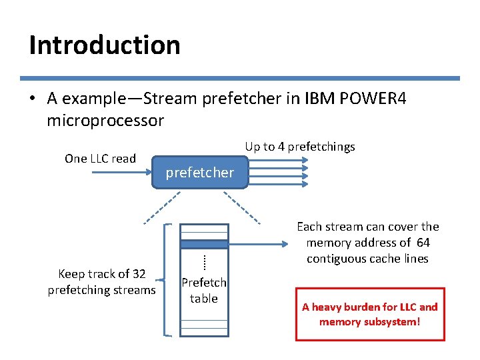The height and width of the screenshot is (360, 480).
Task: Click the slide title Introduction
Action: pyautogui.click(x=105, y=45)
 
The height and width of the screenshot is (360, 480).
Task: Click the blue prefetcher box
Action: pyautogui.click(x=199, y=173)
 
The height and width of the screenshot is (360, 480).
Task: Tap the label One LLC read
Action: pyautogui.click(x=100, y=159)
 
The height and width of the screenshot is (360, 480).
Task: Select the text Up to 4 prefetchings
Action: pyautogui.click(x=299, y=147)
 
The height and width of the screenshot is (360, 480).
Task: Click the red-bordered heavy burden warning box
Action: pyautogui.click(x=369, y=314)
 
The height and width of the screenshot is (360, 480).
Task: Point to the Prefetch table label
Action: pyautogui.click(x=203, y=291)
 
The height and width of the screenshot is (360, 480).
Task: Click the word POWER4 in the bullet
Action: pyautogui.click(x=373, y=99)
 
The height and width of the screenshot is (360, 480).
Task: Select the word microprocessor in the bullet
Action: pyautogui.click(x=105, y=121)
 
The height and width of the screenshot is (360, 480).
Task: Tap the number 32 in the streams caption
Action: pyautogui.click(x=139, y=274)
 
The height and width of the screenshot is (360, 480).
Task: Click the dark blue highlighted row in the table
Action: pyautogui.click(x=204, y=244)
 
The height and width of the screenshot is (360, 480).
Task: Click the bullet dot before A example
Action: pyautogui.click(x=32, y=99)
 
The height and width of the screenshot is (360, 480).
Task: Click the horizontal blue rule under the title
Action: pyautogui.click(x=239, y=78)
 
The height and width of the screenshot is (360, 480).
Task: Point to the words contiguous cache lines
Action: pyautogui.click(x=367, y=259)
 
